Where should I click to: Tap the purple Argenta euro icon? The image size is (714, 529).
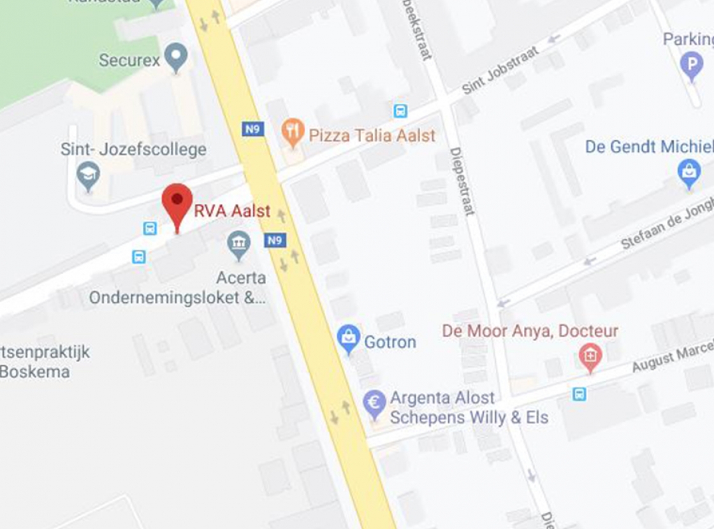(374, 403)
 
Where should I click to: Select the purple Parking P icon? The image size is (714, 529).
(691, 64)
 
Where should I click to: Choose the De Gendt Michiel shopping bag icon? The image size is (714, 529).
(688, 172)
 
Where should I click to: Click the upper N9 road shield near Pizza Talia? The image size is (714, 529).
(253, 129)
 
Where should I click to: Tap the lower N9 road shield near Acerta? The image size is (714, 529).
(275, 240)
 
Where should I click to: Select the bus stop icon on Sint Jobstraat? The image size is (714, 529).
(400, 110)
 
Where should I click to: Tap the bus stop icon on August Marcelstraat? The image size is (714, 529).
(579, 393)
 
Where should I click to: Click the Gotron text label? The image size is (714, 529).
(390, 342)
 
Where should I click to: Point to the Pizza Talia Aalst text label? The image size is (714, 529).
(372, 135)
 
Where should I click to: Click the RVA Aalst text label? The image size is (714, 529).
(232, 211)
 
